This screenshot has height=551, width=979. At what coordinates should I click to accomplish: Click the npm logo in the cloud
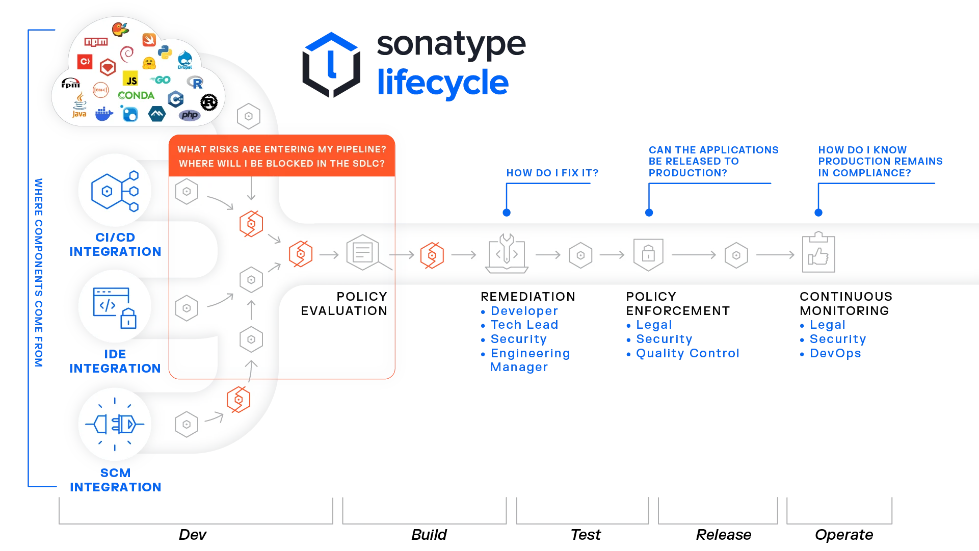[x=96, y=42]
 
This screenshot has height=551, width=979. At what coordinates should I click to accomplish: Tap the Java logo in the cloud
[x=80, y=106]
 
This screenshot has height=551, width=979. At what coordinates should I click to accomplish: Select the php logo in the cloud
[x=190, y=115]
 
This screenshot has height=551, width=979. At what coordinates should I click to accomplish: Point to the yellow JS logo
[x=131, y=79]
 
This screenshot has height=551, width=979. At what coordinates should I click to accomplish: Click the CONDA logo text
[x=136, y=95]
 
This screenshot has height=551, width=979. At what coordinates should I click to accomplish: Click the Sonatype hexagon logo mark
[x=331, y=65]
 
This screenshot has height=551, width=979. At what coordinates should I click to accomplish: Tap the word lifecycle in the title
[x=443, y=83]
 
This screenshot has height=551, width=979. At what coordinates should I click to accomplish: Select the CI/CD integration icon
[x=115, y=191]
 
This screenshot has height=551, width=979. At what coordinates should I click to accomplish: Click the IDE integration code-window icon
[x=115, y=307]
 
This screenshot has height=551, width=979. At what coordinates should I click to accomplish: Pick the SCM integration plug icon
[x=115, y=424]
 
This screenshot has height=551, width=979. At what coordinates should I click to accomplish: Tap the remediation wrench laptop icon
[x=507, y=253]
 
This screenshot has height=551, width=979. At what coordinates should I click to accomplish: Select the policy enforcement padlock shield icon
[x=648, y=254]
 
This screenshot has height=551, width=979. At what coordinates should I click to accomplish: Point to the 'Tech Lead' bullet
[x=520, y=325]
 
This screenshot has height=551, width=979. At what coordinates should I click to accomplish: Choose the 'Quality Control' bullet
[x=683, y=353]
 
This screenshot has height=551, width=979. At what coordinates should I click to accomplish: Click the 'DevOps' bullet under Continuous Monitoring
[x=831, y=353]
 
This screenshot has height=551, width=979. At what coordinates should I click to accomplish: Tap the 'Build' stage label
[x=429, y=534]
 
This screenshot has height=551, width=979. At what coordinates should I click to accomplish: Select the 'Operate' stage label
[x=844, y=535]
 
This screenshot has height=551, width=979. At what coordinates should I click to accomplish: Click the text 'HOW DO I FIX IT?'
[x=552, y=173]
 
